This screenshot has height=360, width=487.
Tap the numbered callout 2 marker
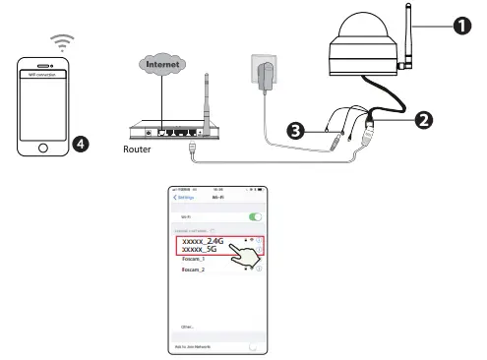424,119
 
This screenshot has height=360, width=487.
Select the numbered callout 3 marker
294,129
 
